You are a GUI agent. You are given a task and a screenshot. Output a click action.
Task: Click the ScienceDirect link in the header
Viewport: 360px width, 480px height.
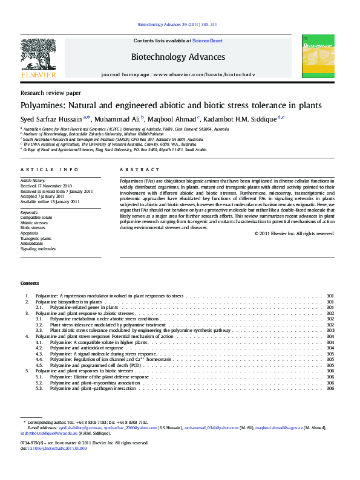coord(208,41)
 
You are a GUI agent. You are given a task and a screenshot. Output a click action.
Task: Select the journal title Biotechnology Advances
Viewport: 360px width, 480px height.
coord(178,57)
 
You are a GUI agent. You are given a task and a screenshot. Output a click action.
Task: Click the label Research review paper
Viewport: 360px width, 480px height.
coord(50,93)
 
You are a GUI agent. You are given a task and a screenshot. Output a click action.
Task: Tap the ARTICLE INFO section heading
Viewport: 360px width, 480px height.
coord(50,170)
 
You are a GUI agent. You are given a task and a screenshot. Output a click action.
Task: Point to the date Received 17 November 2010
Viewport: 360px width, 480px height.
coord(46,186)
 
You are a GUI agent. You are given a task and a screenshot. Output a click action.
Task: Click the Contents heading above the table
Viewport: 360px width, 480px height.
coord(30,283)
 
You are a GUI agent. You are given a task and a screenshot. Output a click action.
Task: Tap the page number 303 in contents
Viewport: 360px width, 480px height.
coord(330,331)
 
